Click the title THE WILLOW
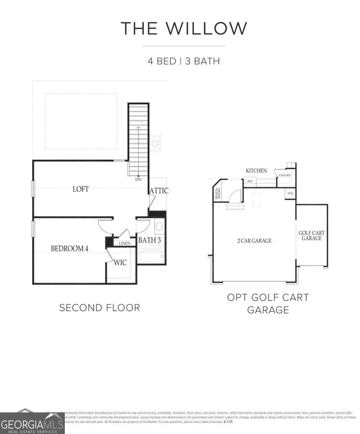[184, 28]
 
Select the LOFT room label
[80, 189]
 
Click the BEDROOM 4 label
[70, 248]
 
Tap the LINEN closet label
[124, 243]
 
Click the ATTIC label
[159, 191]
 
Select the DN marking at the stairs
[138, 180]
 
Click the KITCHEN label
[256, 171]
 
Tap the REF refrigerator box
[250, 181]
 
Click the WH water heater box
[290, 194]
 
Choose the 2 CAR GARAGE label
[254, 240]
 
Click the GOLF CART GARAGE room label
[311, 235]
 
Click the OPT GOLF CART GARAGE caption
[268, 304]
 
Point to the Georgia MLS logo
[32, 423]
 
